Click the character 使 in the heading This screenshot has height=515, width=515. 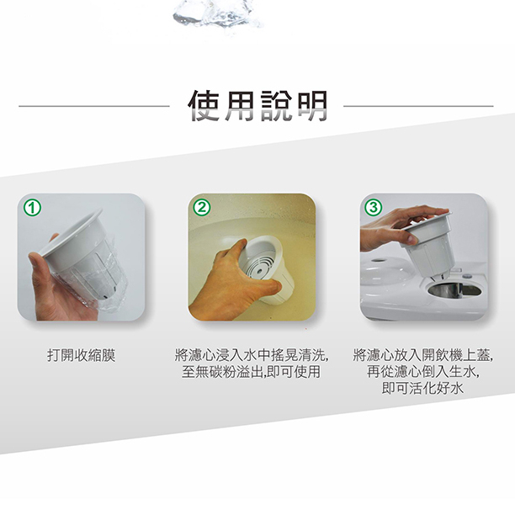click(x=204, y=105)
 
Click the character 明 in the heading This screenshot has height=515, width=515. click(x=312, y=105)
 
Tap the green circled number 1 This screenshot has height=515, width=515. click(x=33, y=208)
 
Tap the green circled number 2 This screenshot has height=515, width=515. click(x=202, y=208)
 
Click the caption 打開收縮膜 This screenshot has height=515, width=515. click(x=82, y=355)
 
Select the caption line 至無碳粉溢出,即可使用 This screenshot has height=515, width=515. click(x=251, y=372)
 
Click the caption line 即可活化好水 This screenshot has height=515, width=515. click(x=422, y=388)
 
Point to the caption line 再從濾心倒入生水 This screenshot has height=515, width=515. click(x=423, y=372)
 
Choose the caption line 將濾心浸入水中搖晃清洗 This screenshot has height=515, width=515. click(x=252, y=355)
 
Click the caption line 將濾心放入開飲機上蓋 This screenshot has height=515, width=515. click(x=423, y=355)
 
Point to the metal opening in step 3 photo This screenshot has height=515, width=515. click(x=455, y=290)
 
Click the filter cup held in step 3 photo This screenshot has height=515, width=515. click(x=429, y=242)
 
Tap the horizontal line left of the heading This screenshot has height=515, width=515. click(x=94, y=106)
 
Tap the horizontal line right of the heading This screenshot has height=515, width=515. click(x=418, y=106)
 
